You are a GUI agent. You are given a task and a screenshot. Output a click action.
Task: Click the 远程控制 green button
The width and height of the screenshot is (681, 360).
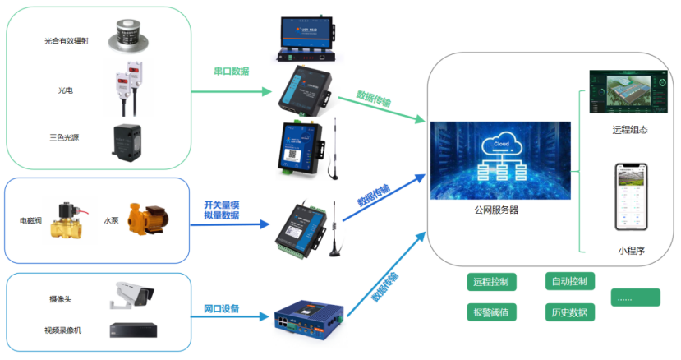click(x=491, y=282)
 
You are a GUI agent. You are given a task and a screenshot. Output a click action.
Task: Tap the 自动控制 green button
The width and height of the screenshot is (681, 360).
click(x=569, y=282)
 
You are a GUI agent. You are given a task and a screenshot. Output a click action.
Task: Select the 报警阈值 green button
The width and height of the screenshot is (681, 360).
click(x=491, y=312)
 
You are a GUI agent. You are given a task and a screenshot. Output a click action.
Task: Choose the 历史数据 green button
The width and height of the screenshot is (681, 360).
click(x=569, y=312)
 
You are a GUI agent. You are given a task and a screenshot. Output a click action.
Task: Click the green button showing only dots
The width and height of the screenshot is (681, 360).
click(x=635, y=298)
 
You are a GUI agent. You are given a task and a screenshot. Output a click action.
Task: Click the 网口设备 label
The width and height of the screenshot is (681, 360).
click(x=221, y=309)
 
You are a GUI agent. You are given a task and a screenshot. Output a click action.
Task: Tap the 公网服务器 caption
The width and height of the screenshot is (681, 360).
click(x=496, y=210)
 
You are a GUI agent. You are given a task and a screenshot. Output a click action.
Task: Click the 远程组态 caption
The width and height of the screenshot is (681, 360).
click(x=630, y=129)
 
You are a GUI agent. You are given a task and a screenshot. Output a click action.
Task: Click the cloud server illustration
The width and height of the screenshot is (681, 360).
click(x=501, y=160)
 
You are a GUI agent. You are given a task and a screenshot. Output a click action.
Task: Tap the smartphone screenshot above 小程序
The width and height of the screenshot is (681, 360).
click(x=631, y=197)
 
